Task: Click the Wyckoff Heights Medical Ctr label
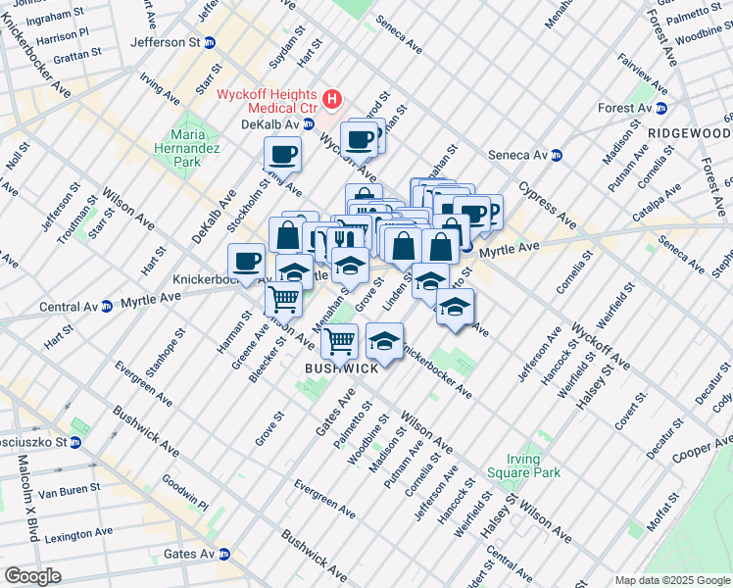pyautogui.click(x=269, y=98)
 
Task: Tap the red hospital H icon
pyautogui.click(x=333, y=98)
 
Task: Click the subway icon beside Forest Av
pyautogui.click(x=661, y=108)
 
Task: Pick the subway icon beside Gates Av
pyautogui.click(x=224, y=554)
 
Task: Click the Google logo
pyautogui.click(x=32, y=575)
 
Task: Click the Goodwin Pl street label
pyautogui.click(x=185, y=490)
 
